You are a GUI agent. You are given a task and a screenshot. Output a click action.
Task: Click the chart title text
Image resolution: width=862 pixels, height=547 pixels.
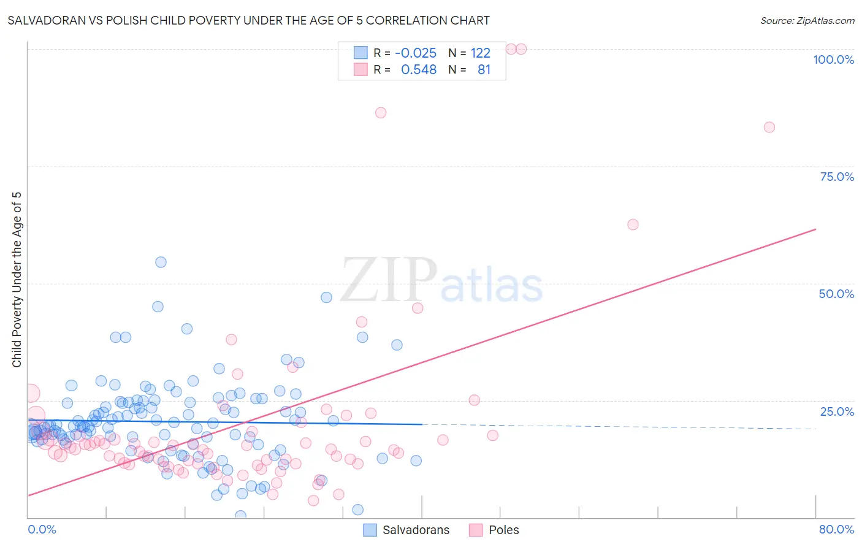coord(248,20)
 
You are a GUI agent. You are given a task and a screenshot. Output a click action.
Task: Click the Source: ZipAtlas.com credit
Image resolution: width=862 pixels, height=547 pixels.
coord(807,20)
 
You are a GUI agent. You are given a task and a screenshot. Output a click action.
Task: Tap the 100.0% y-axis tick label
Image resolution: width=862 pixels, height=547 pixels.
coord(833,59)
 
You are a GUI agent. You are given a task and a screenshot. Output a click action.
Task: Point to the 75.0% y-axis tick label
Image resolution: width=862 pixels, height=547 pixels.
coord(837,177)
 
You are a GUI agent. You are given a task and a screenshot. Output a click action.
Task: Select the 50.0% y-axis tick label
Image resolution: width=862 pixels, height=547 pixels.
coord(836,294)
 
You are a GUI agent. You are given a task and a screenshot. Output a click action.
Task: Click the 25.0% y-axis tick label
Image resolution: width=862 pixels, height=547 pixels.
coord(837,411)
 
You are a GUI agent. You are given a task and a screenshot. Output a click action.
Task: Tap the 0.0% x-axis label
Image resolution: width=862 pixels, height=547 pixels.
coord(42,529)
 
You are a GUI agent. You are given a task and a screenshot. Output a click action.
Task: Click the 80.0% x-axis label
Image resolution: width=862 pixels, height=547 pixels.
coord(836,529)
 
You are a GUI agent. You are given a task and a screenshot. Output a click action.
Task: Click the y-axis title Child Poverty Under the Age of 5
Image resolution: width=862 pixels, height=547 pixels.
coord(17,280)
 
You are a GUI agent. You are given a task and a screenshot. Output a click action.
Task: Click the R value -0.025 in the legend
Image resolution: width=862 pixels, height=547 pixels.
coord(416,53)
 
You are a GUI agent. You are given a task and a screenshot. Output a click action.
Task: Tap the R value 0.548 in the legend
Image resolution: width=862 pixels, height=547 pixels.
coord(419,69)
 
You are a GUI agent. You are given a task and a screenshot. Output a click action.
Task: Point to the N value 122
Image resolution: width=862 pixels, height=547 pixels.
coord(480,53)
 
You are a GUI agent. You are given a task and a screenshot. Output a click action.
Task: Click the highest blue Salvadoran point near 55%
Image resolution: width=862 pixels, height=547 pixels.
coord(161,262)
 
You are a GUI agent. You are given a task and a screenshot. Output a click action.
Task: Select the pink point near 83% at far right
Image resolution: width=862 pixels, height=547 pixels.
coord(769,127)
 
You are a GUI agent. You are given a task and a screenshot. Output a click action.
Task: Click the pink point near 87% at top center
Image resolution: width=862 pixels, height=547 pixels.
coord(381,112)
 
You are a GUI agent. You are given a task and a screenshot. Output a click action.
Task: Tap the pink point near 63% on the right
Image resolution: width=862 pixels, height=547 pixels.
coord(633,224)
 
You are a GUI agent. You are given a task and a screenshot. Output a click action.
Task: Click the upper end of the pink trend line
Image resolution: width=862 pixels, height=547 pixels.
coord(815,229)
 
